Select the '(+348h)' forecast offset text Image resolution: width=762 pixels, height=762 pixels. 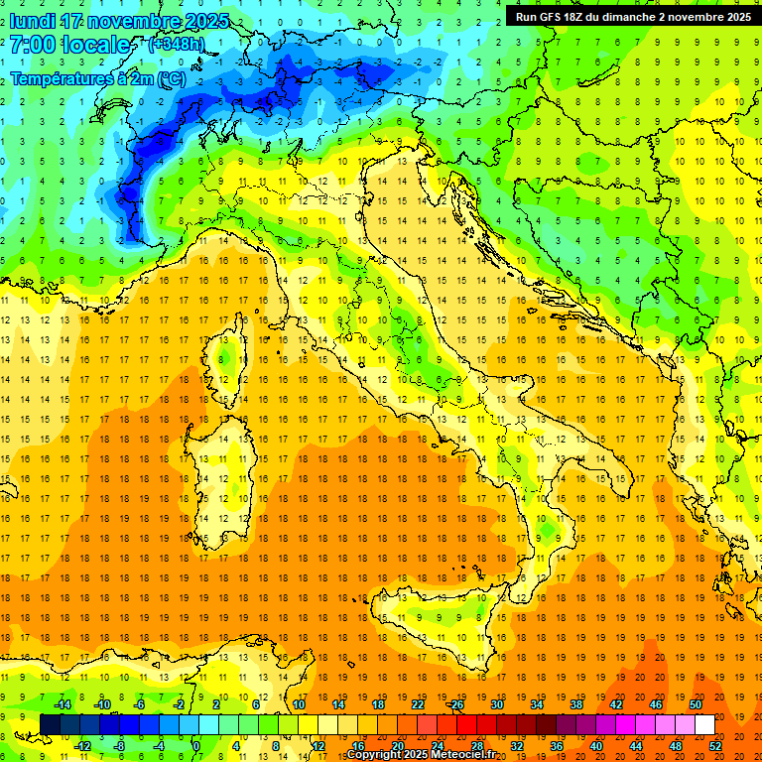click(177, 45)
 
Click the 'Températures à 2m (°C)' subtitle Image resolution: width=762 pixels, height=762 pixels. click(97, 77)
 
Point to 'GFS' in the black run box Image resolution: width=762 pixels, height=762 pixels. click(551, 16)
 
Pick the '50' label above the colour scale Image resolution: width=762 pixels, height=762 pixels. click(696, 704)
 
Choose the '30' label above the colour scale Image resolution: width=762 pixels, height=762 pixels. click(497, 704)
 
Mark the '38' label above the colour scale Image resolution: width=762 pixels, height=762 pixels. click(576, 704)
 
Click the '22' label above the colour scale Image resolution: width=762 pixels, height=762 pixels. click(418, 704)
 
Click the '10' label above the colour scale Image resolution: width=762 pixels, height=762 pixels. click(299, 704)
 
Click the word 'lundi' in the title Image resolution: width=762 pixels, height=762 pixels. click(33, 21)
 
